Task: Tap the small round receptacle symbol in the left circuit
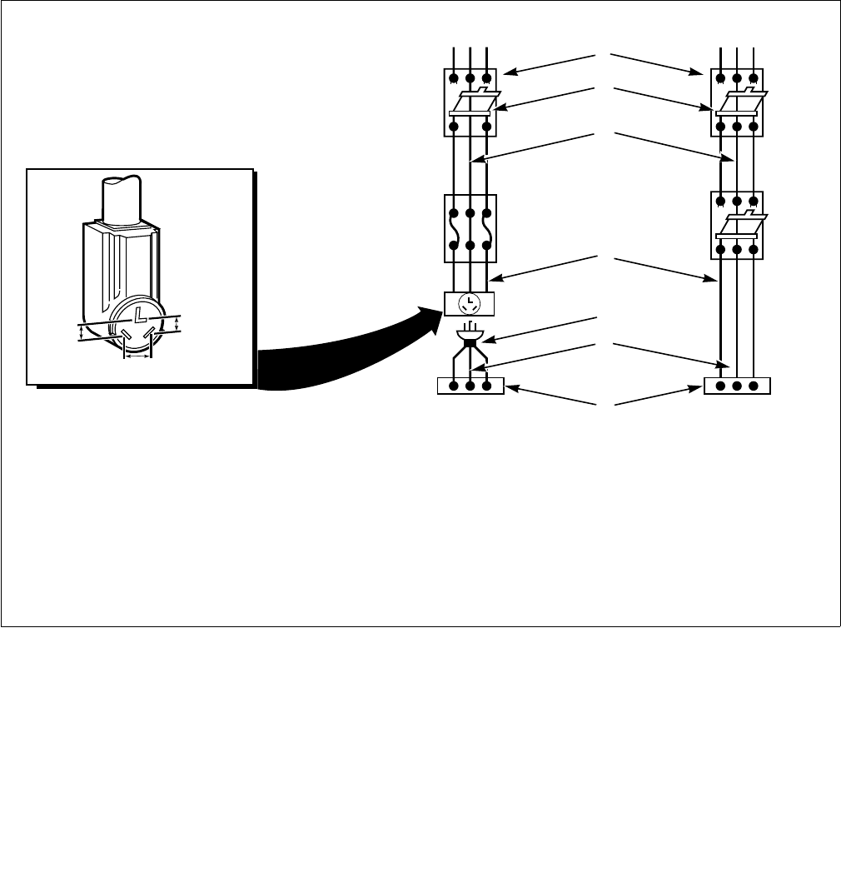point(470,303)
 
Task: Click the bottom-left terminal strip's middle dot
point(470,386)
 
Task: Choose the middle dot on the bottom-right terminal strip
point(737,386)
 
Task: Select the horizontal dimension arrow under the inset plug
point(137,356)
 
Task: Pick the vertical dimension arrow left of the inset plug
point(80,332)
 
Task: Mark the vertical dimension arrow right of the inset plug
point(177,323)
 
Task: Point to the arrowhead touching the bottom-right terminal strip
point(700,388)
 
